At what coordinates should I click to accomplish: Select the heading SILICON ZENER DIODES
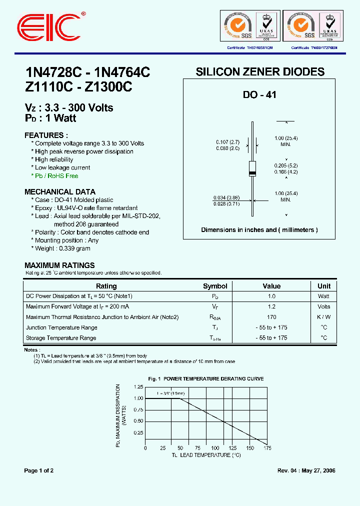260,72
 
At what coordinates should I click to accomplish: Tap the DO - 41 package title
259,94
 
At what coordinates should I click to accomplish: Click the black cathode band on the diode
253,173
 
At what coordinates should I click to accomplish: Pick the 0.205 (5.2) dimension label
285,165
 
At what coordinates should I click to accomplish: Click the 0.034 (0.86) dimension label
225,197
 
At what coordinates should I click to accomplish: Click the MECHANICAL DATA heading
60,192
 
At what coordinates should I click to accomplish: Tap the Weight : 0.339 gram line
62,248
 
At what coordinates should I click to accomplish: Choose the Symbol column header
215,286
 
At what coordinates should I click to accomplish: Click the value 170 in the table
271,317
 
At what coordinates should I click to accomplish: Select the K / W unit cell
324,317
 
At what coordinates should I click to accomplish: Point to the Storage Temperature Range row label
61,338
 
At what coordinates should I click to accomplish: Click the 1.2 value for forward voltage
271,306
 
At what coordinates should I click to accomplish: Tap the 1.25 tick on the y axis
138,387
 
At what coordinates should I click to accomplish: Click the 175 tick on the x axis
267,448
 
